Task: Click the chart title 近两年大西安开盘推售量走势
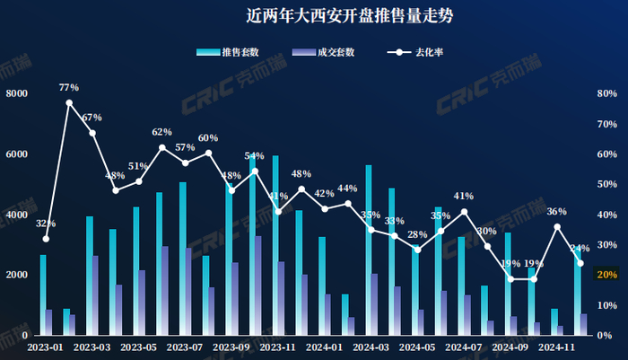(313, 15)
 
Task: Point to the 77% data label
(69, 88)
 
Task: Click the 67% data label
(92, 118)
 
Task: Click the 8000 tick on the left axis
(16, 93)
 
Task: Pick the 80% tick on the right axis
(606, 93)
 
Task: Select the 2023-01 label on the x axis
(45, 346)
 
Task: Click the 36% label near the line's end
(556, 212)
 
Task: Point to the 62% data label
(161, 132)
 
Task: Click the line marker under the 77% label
(69, 102)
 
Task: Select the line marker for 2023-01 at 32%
(46, 238)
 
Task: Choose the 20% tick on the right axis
(606, 275)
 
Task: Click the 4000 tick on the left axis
(16, 215)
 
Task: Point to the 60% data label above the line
(208, 138)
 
